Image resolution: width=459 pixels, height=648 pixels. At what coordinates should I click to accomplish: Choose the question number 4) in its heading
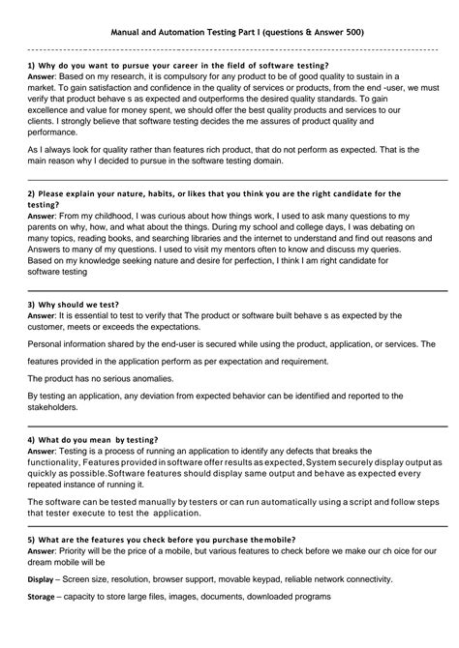[32, 438]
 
